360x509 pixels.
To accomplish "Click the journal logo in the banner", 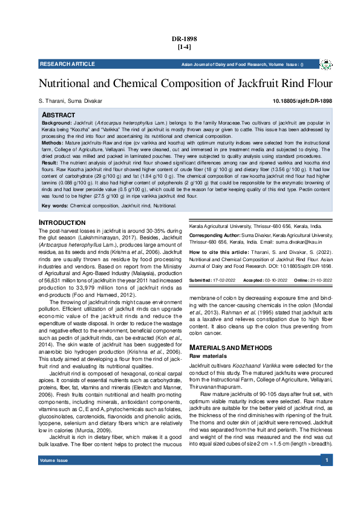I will click(x=326, y=64).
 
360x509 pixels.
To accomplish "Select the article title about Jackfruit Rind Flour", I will click(x=185, y=83).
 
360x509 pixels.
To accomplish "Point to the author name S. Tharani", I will click(x=51, y=101).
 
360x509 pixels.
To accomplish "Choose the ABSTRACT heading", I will click(x=58, y=115).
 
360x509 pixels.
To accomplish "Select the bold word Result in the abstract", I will click(x=50, y=163).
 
